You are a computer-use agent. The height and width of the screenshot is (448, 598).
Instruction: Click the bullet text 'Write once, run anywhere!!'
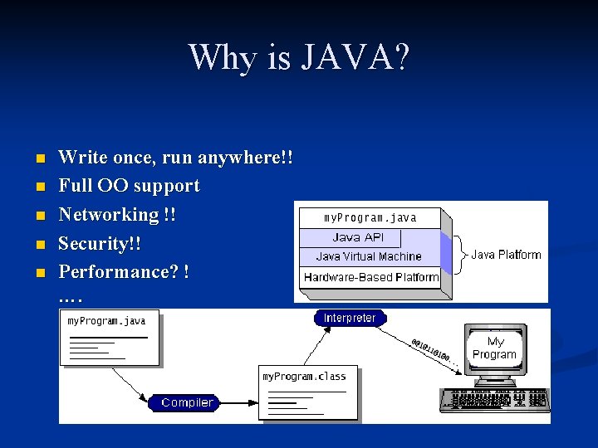coord(175,157)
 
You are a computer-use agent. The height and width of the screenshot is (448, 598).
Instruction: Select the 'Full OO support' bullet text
coord(129,186)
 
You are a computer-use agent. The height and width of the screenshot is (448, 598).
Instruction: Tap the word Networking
coord(108,214)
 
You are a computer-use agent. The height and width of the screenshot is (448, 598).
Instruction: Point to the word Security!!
coord(100,243)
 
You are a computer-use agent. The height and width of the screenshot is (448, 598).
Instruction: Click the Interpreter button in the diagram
coord(350,318)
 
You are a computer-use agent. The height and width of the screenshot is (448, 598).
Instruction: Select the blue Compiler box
coord(187,402)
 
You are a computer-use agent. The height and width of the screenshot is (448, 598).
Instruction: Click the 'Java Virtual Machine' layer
coord(369,256)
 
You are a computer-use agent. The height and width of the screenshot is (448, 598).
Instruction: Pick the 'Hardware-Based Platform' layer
coord(370,277)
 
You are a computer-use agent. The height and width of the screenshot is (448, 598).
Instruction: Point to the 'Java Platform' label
coord(506,255)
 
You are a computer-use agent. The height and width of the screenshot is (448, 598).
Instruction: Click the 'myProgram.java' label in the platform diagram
coord(370,218)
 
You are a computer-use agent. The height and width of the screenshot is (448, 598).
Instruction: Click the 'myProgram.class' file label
coord(304,376)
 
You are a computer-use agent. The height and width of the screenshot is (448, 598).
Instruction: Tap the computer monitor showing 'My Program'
coord(494,348)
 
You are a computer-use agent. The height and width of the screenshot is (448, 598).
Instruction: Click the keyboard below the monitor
coord(493,399)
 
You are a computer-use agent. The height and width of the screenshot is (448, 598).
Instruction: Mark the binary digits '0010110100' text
coord(434,351)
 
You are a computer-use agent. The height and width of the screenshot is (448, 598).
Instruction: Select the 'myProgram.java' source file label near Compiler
coord(106,320)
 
